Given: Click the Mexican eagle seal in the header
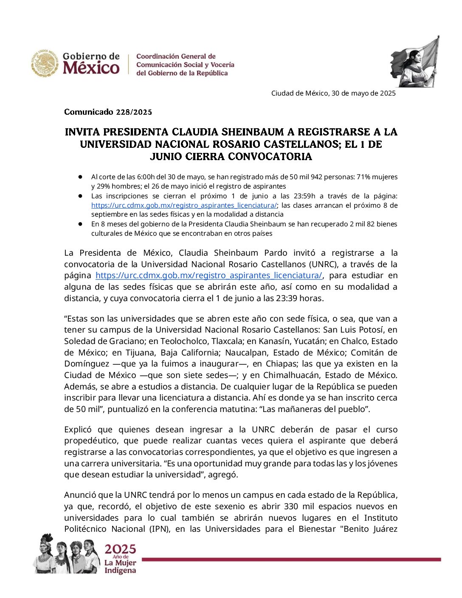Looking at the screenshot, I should click(x=45, y=64).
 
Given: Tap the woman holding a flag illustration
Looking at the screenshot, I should click(x=414, y=62).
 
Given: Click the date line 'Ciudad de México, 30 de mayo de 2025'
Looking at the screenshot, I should click(x=333, y=93).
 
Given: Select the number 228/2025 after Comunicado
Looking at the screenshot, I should click(x=132, y=112).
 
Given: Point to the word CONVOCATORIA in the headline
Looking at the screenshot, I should click(x=270, y=157).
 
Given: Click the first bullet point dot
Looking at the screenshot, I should click(x=80, y=177).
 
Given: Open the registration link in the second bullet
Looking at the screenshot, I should click(x=184, y=206).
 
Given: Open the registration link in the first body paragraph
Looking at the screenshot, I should click(x=208, y=276).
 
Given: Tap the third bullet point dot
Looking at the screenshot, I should click(x=80, y=224).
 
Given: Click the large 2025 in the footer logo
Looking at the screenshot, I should click(x=121, y=549).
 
